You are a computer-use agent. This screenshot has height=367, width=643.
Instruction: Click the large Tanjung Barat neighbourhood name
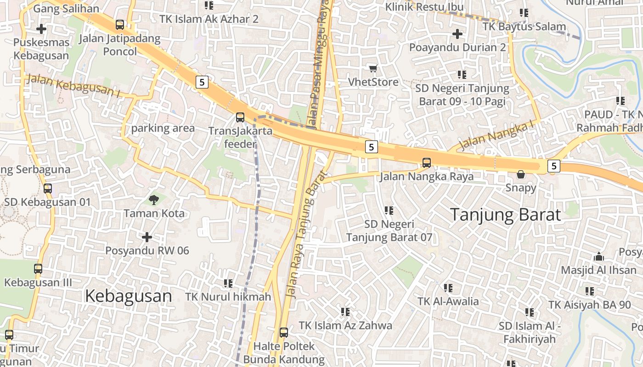click(505, 215)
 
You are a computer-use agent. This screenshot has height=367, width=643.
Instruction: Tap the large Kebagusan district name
click(129, 296)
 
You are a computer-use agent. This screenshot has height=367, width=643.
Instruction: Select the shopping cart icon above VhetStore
click(373, 68)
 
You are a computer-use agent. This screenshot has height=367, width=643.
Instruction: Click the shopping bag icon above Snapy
click(521, 174)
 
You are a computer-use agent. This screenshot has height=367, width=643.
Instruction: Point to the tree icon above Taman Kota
click(154, 200)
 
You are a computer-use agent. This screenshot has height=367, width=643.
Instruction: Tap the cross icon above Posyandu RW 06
click(147, 237)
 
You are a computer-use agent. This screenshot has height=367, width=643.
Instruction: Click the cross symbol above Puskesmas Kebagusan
click(41, 29)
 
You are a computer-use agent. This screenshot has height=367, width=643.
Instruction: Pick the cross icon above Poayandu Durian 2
click(457, 34)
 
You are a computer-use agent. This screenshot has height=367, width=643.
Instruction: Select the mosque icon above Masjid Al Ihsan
click(598, 257)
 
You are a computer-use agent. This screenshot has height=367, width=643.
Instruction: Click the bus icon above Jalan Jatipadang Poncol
click(120, 24)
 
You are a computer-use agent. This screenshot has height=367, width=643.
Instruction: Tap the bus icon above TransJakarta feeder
click(240, 117)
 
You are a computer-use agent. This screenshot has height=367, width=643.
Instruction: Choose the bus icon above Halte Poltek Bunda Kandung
click(284, 332)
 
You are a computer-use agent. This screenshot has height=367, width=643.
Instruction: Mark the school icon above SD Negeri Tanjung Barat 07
click(389, 211)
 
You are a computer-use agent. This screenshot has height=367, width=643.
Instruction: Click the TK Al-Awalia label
click(448, 301)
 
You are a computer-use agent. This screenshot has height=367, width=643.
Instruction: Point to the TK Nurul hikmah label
click(228, 297)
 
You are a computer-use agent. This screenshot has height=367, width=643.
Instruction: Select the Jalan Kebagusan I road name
click(73, 86)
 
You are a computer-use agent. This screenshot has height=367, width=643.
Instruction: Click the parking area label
click(163, 128)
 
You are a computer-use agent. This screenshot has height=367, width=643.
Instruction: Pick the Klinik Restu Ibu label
click(424, 7)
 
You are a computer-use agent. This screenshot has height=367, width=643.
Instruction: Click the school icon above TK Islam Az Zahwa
click(345, 312)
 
